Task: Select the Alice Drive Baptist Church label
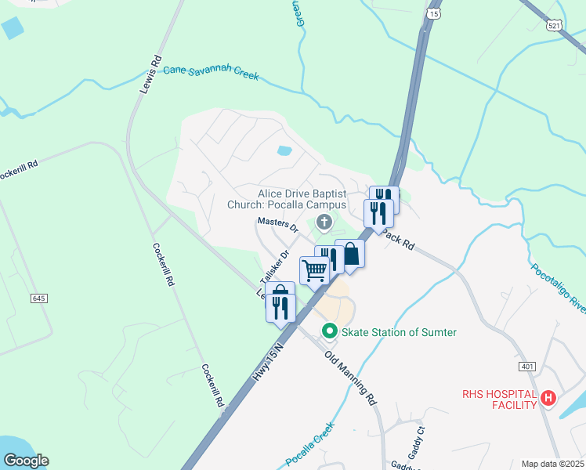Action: pyautogui.click(x=302, y=199)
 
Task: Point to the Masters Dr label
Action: pyautogui.click(x=278, y=226)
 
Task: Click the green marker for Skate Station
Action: pyautogui.click(x=330, y=332)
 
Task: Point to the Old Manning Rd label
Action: pyautogui.click(x=351, y=378)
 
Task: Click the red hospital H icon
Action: pyautogui.click(x=548, y=399)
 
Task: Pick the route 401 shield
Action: pyautogui.click(x=526, y=367)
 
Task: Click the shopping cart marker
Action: pyautogui.click(x=314, y=271)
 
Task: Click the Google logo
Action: pyautogui.click(x=25, y=461)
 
